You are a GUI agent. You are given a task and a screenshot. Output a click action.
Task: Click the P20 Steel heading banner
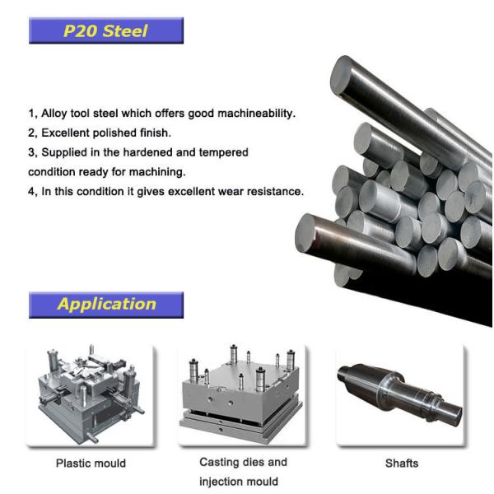click(x=105, y=31)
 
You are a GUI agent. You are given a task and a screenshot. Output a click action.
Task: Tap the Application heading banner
click(x=105, y=304)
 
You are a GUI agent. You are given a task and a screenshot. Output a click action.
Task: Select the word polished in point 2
click(x=118, y=133)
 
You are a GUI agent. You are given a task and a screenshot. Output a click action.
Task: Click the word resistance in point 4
click(x=277, y=192)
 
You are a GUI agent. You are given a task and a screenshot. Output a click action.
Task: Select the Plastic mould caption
click(x=91, y=463)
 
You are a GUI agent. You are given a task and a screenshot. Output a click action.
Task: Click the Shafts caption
click(x=402, y=463)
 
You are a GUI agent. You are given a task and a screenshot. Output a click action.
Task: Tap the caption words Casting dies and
click(x=243, y=462)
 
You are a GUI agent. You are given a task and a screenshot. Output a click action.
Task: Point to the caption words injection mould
click(x=239, y=481)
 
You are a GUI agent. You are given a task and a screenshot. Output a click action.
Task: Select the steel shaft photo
click(x=401, y=387)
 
